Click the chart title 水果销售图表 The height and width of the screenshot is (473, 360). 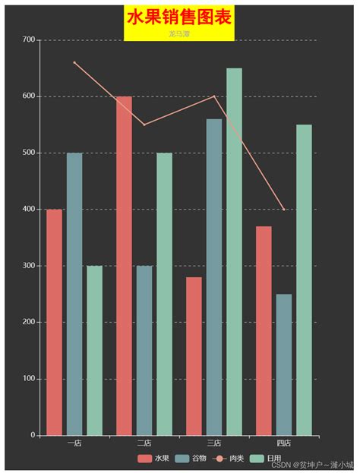180,17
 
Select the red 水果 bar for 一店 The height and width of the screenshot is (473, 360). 54,322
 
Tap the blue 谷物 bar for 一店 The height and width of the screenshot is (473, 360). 74,294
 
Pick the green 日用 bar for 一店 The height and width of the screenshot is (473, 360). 94,350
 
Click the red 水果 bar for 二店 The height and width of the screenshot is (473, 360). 124,266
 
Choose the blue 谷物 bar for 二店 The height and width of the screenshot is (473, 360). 144,350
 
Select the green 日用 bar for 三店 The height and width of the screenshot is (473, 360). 234,251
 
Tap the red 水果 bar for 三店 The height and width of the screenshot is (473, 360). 194,356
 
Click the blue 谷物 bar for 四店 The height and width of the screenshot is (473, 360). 284,364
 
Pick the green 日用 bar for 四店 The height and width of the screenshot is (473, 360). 304,279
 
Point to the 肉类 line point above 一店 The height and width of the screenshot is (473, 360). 74,62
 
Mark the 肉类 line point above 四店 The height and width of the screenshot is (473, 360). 284,210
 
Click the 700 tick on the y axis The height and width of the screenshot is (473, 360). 29,39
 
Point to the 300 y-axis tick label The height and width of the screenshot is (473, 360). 29,266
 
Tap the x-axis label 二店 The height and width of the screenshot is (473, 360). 144,443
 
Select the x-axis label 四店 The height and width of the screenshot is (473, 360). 284,443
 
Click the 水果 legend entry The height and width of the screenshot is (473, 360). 154,459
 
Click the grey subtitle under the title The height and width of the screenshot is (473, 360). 180,34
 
